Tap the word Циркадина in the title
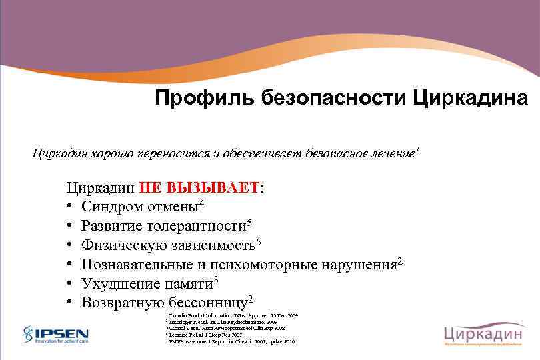[471, 99]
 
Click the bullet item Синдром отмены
[140, 206]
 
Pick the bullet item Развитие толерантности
[163, 225]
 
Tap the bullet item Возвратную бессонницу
[163, 303]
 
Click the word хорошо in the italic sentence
[108, 154]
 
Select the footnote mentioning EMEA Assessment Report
[230, 341]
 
